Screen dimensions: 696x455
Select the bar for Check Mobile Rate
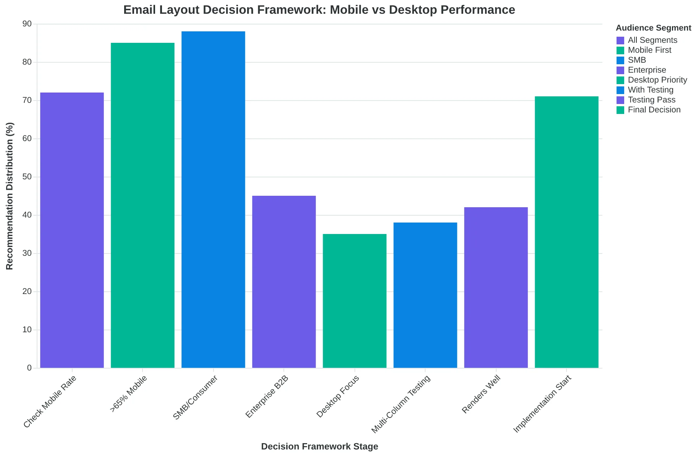pyautogui.click(x=72, y=230)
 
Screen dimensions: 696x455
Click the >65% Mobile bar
pyautogui.click(x=142, y=205)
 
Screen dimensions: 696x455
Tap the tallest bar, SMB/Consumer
pyautogui.click(x=213, y=200)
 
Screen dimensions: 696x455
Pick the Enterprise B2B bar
pyautogui.click(x=284, y=282)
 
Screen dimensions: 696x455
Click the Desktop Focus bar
pyautogui.click(x=354, y=301)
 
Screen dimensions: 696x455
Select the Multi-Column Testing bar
pyautogui.click(x=425, y=295)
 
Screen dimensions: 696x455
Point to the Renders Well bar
pyautogui.click(x=496, y=288)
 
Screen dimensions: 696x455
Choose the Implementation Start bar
pyautogui.click(x=567, y=232)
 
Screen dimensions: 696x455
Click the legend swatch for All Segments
pyautogui.click(x=620, y=40)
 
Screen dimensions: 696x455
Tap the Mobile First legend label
pyautogui.click(x=649, y=50)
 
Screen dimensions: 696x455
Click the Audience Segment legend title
pyautogui.click(x=654, y=28)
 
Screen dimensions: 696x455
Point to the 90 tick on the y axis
pyautogui.click(x=27, y=24)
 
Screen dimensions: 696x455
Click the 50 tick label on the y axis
pyautogui.click(x=27, y=177)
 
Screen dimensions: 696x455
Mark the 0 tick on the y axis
pyautogui.click(x=29, y=368)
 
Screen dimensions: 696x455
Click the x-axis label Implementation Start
pyautogui.click(x=542, y=405)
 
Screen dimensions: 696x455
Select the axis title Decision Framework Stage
pyautogui.click(x=319, y=447)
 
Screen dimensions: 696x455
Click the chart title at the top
pyautogui.click(x=319, y=10)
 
